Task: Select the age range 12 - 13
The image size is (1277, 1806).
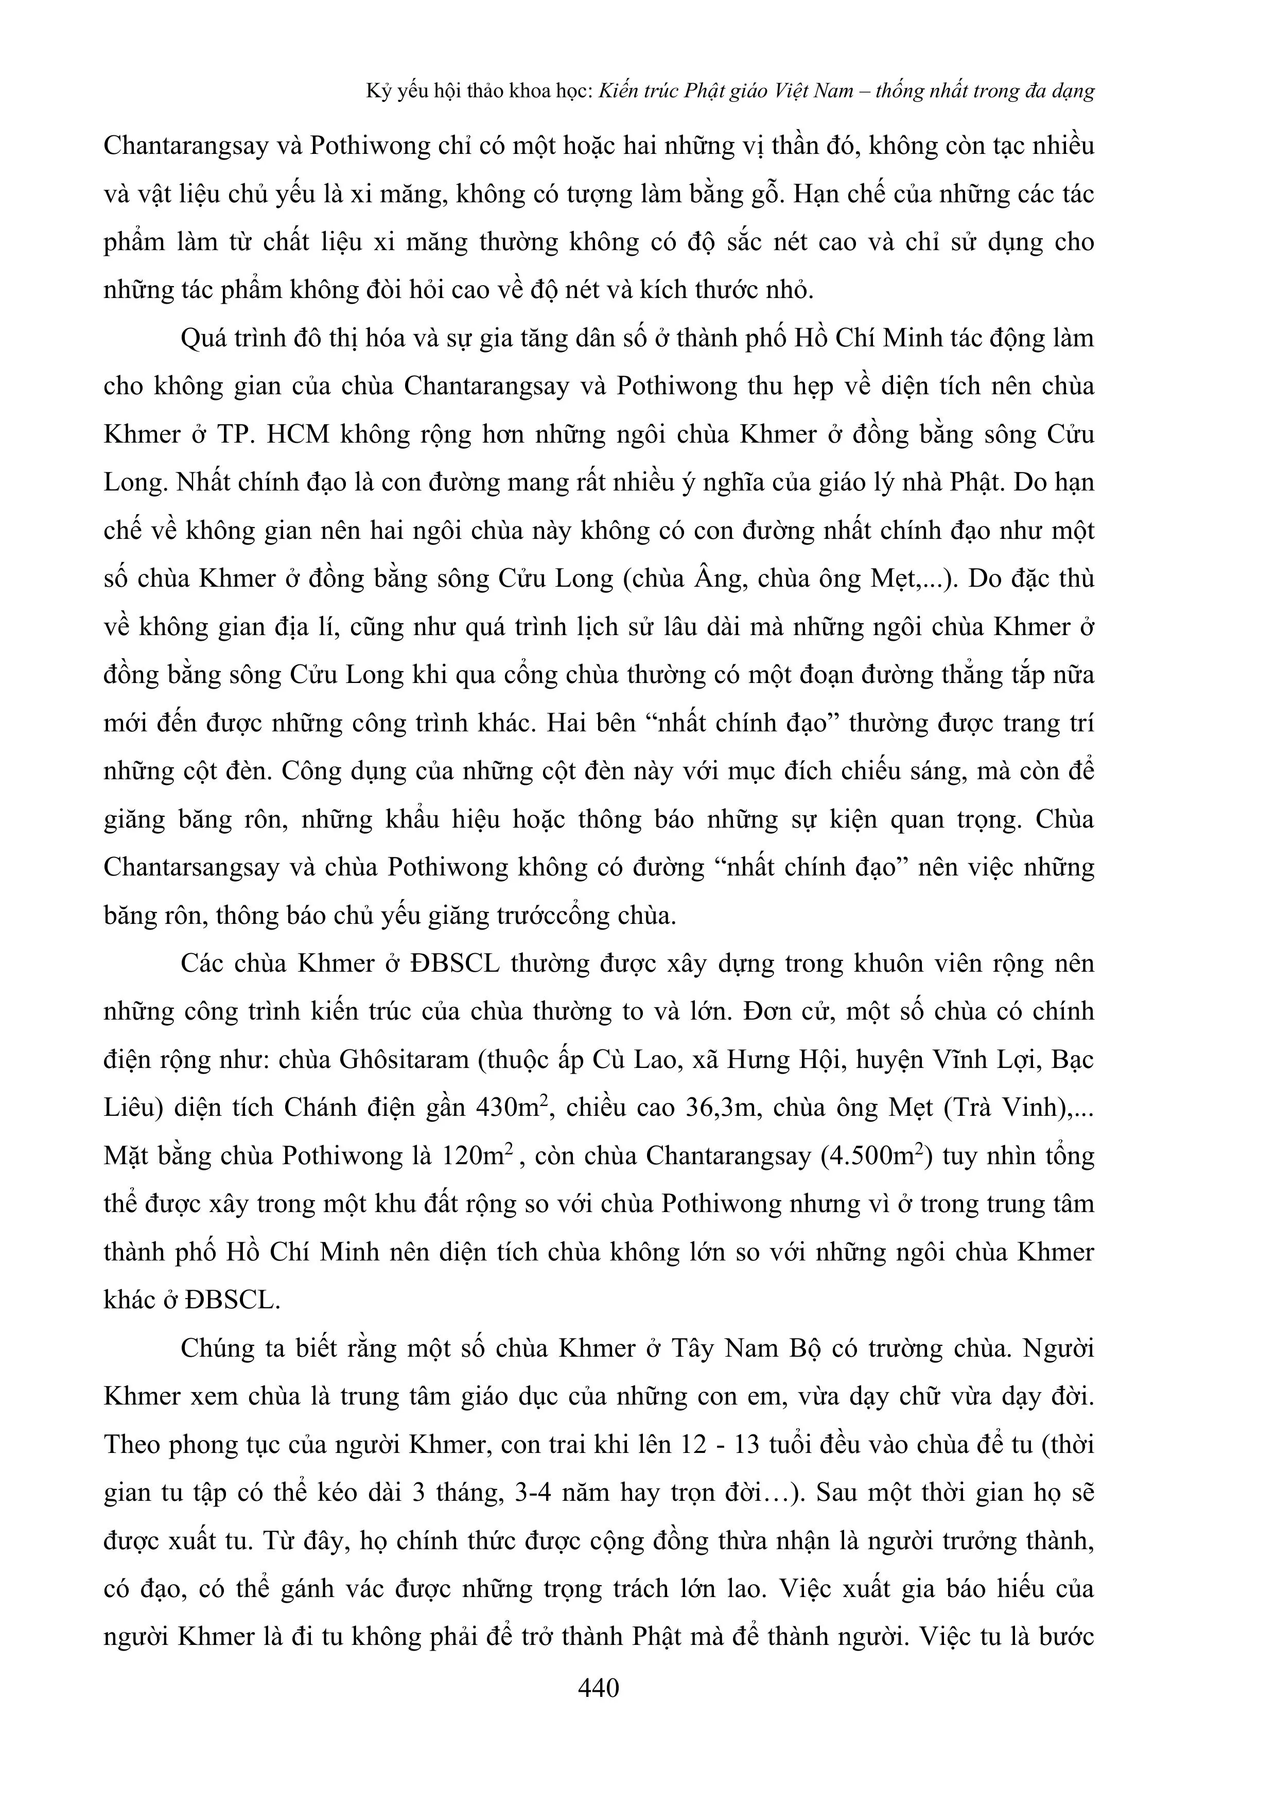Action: pos(715,1445)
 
